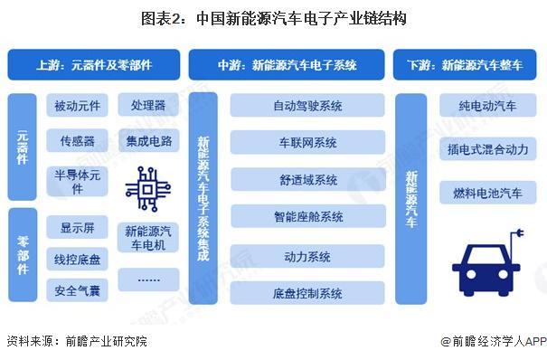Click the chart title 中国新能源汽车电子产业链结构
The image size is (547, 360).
pos(273,17)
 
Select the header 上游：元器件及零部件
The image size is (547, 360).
pos(94,65)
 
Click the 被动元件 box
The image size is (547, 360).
pos(78,106)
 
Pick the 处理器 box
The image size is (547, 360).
pos(148,106)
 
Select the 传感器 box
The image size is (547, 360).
pos(78,141)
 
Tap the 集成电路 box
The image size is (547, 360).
pos(148,141)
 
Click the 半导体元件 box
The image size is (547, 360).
pos(78,182)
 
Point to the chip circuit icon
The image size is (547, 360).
pos(147,188)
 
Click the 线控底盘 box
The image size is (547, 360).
pos(78,259)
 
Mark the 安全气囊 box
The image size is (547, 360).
pos(78,289)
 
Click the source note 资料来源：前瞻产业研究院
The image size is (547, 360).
pos(76,342)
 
